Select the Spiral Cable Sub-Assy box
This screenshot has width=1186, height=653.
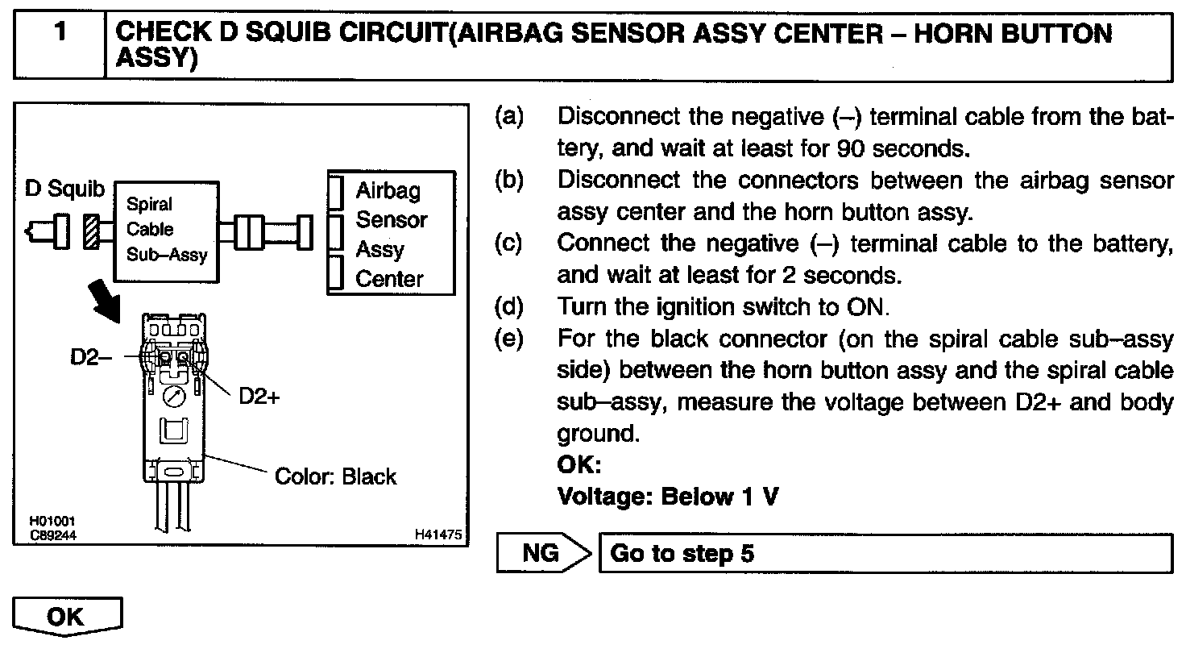pos(166,230)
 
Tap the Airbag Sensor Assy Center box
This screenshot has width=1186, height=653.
pos(390,234)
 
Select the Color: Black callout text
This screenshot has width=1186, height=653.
pos(335,476)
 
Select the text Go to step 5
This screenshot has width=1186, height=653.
pos(682,554)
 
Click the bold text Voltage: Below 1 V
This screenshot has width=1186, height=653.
pos(668,497)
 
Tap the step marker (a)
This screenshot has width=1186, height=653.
pos(509,118)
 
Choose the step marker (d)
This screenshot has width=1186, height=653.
pos(509,308)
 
